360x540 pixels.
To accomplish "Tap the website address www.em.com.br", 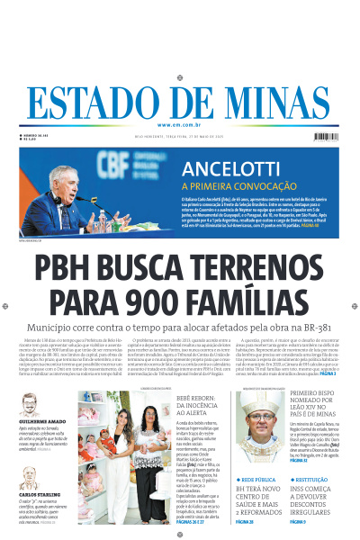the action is click(180, 125).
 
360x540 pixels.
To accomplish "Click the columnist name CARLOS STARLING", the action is click(38, 494).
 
